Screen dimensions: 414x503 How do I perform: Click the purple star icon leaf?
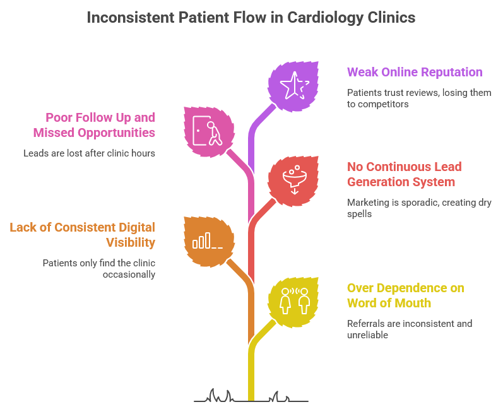coord(293,86)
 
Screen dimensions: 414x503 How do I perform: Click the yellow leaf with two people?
coord(293,300)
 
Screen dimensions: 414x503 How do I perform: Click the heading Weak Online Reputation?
coord(415,72)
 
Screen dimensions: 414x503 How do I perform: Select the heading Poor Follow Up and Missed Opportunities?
coord(100,125)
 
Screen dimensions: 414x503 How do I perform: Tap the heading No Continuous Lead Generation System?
coord(404,175)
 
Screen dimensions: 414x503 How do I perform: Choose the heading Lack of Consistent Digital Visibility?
coord(82,234)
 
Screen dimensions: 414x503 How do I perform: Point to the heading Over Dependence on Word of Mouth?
coord(405,295)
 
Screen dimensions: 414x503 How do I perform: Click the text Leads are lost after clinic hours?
coord(89,153)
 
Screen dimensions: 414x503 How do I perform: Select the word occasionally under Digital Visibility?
coord(129,274)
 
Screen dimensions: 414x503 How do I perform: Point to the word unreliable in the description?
coord(367,335)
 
